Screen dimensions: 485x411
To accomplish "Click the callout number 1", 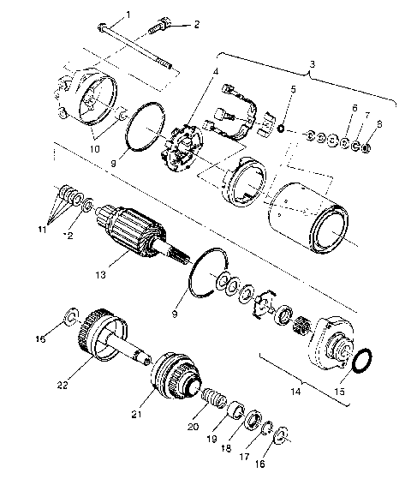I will [x=129, y=15].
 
